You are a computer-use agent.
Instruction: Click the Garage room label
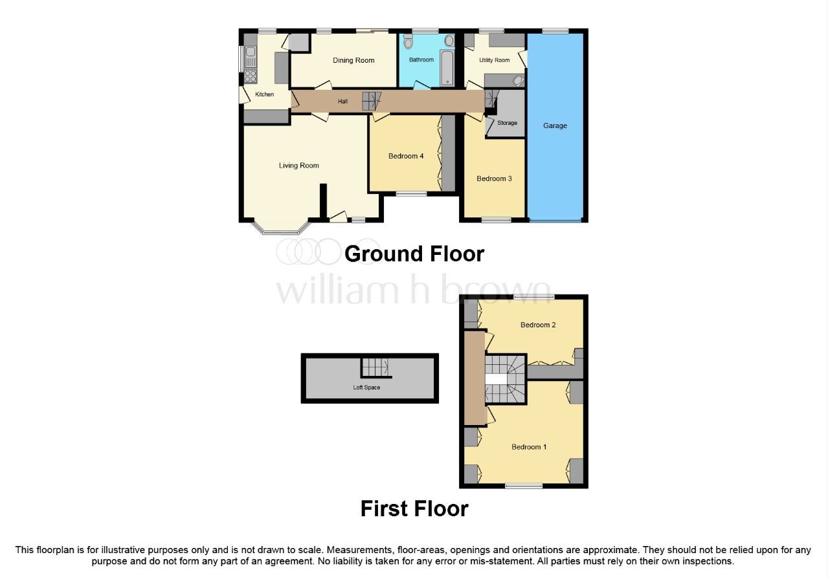click(555, 126)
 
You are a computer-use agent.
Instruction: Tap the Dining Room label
click(353, 61)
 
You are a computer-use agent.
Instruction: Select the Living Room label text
click(298, 166)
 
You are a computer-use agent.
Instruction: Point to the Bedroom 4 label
click(406, 156)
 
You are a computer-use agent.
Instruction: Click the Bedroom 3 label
click(494, 179)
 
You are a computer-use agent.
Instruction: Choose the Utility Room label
click(494, 60)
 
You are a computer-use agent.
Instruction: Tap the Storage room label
click(507, 123)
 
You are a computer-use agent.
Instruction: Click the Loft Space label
click(366, 388)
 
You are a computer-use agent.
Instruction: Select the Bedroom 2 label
click(538, 325)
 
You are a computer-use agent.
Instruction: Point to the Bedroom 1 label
click(529, 447)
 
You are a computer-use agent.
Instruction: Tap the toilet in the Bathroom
click(407, 43)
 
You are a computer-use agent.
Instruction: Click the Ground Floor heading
click(414, 254)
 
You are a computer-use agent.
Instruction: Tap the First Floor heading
click(414, 508)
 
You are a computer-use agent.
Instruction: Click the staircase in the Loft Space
click(375, 367)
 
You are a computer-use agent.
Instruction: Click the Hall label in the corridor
click(342, 102)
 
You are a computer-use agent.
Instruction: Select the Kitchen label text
click(264, 94)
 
